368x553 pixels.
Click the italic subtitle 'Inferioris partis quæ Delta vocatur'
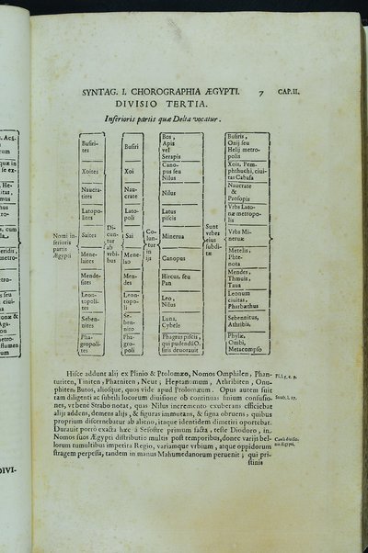[x=165, y=119]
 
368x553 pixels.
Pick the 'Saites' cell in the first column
[x=90, y=235]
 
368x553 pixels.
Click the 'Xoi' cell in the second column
[x=132, y=171]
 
